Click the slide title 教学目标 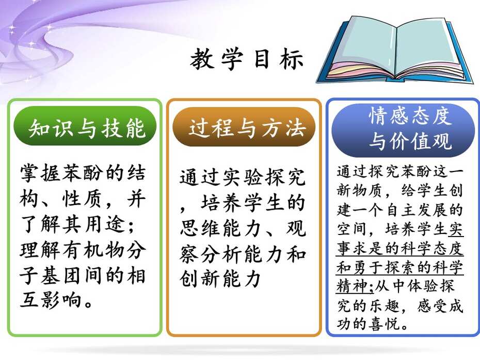click(x=247, y=59)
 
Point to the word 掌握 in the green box click(x=41, y=174)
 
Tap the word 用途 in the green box click(x=105, y=224)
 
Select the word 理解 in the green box click(x=41, y=250)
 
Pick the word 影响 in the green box click(x=61, y=300)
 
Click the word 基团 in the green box click(x=61, y=275)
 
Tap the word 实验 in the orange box click(x=243, y=177)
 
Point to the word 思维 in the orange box click(x=201, y=229)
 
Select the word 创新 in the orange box click(x=201, y=278)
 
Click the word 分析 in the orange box click(x=222, y=254)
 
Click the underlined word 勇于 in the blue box click(x=369, y=268)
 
